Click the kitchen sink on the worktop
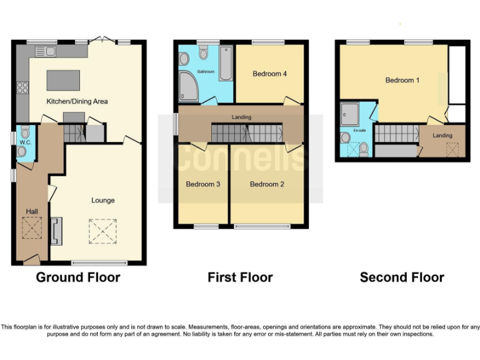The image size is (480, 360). coord(46,51)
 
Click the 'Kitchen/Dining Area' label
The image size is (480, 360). coord(77,101)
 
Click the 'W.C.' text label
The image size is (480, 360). coord(25,143)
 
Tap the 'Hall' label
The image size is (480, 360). coord(31,212)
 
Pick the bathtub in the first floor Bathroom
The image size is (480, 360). coord(226,63)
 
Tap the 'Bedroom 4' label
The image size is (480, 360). coord(269,74)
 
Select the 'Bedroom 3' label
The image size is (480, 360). coord(203,184)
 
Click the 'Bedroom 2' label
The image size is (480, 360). coord(267,184)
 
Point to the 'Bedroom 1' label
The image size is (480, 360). coord(402,80)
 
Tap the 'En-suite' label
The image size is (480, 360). coord(359,131)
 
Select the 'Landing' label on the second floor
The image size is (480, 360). coord(442,136)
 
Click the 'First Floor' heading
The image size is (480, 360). coord(240,277)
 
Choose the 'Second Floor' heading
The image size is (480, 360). coord(402,277)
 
